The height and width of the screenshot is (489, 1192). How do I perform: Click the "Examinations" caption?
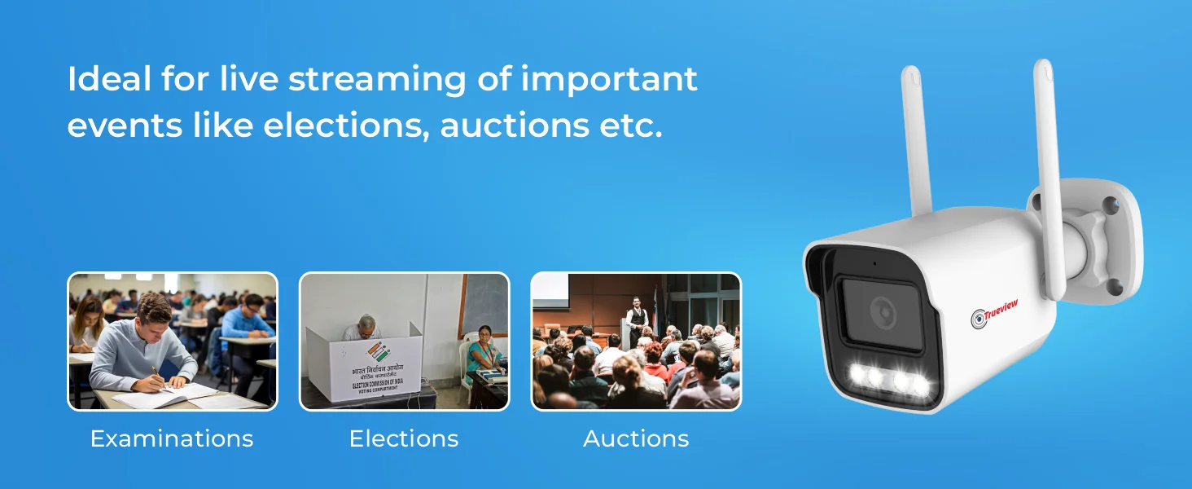[x=172, y=439]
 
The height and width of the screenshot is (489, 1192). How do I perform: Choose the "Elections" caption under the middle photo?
[x=404, y=439]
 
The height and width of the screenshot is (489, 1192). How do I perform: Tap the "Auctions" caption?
[x=636, y=439]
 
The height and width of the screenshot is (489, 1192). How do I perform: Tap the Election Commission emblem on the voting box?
[x=378, y=354]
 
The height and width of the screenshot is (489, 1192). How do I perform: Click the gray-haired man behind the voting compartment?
[x=365, y=327]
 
